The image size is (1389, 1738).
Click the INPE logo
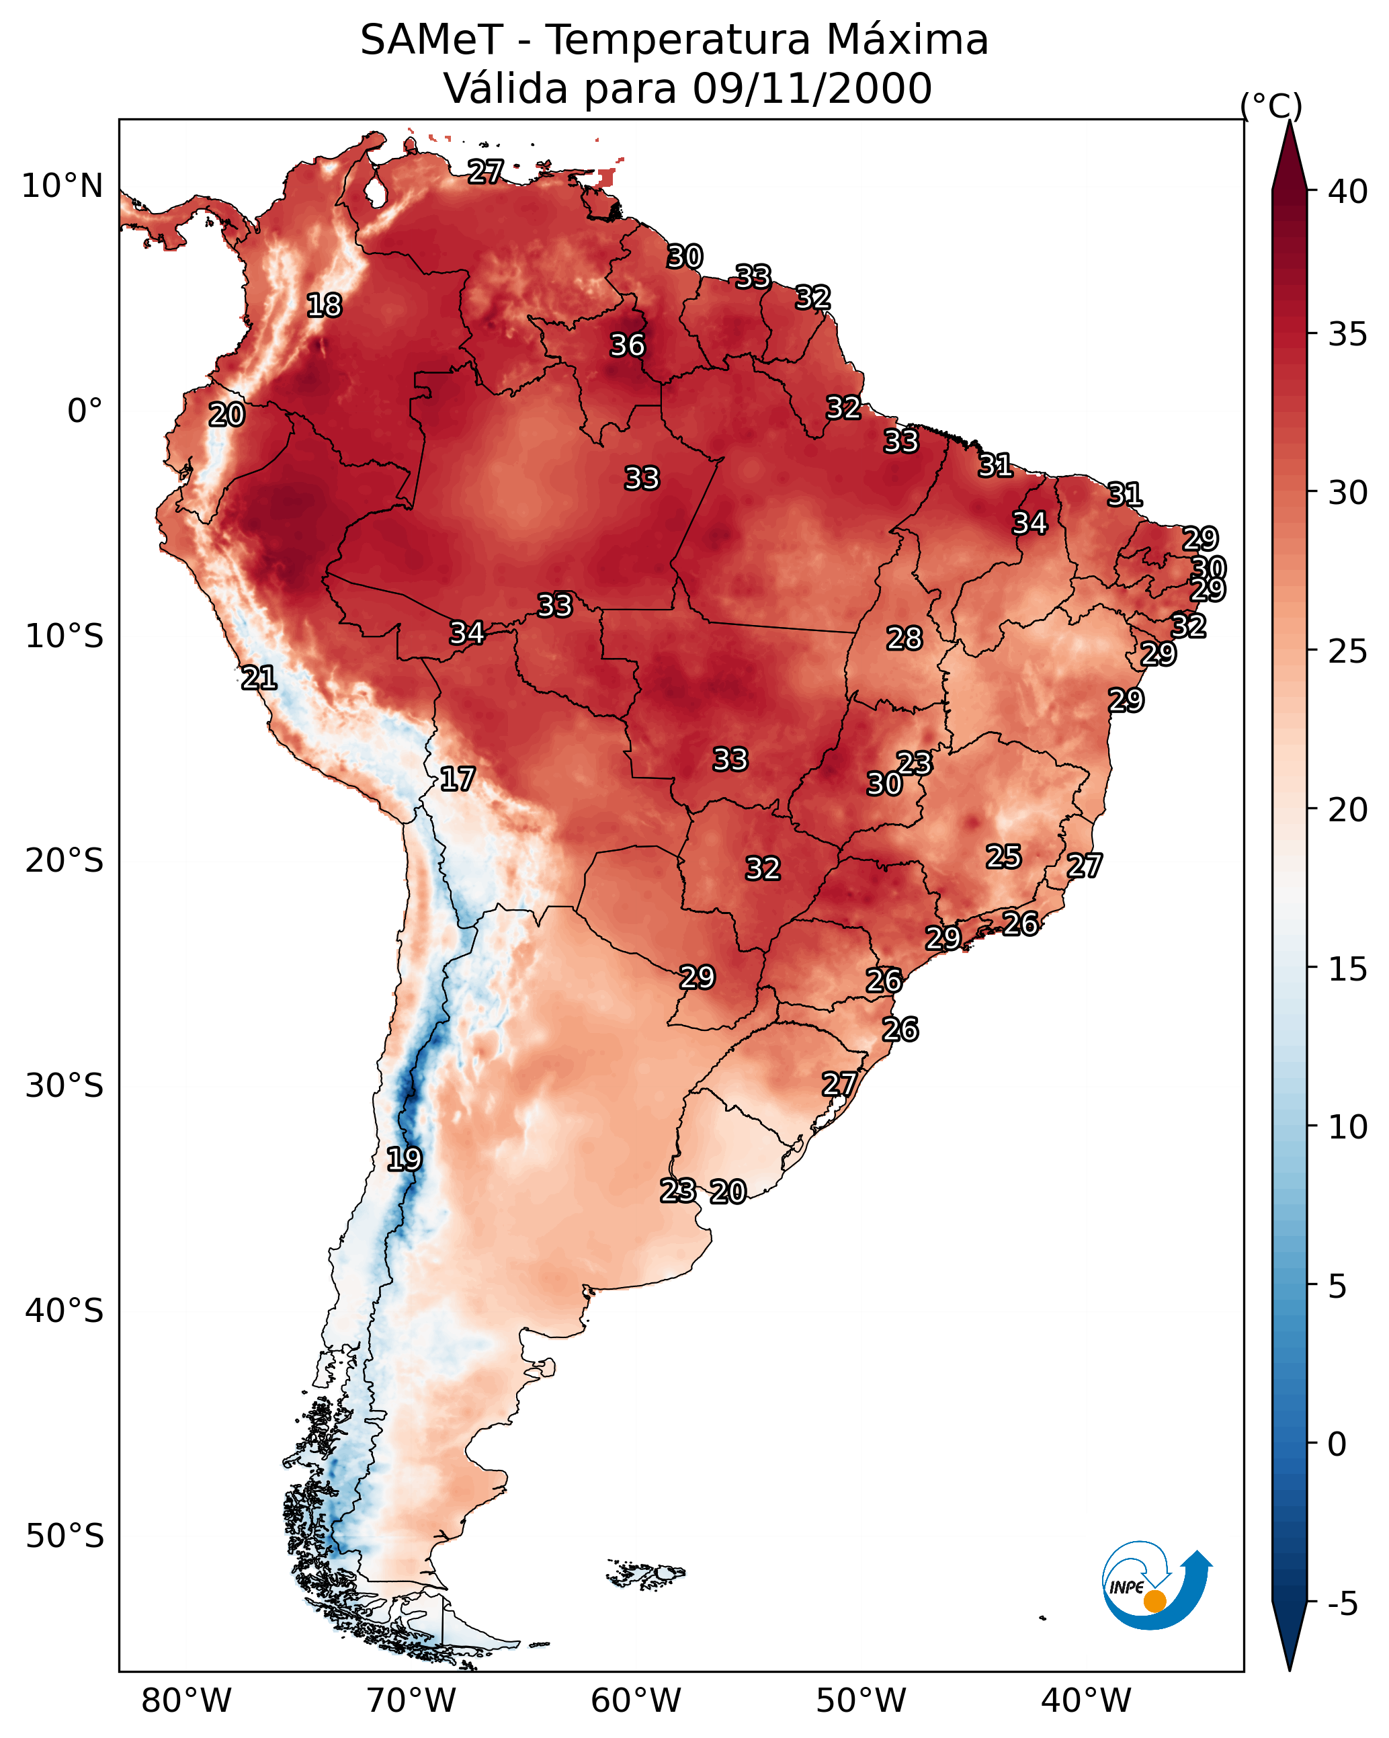[1154, 1587]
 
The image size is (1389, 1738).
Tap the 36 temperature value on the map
[627, 345]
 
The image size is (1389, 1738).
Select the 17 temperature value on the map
[457, 779]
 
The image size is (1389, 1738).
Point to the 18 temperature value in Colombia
[324, 306]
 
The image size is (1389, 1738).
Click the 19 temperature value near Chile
[404, 1159]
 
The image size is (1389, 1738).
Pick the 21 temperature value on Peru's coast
[259, 678]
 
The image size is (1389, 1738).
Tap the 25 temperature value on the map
[1004, 856]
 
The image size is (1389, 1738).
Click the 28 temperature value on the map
[904, 638]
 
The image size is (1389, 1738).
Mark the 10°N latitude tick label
[62, 186]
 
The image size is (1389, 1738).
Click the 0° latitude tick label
[85, 411]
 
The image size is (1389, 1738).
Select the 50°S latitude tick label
[65, 1536]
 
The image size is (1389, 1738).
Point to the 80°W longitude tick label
[186, 1701]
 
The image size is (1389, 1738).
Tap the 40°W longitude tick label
[1086, 1701]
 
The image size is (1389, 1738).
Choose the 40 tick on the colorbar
[1348, 192]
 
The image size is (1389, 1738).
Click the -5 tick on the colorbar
[1342, 1604]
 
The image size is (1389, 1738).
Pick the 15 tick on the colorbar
[1348, 969]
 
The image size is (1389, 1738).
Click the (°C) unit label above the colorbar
[1271, 106]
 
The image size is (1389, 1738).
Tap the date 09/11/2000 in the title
[812, 88]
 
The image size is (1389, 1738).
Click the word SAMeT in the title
[431, 40]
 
